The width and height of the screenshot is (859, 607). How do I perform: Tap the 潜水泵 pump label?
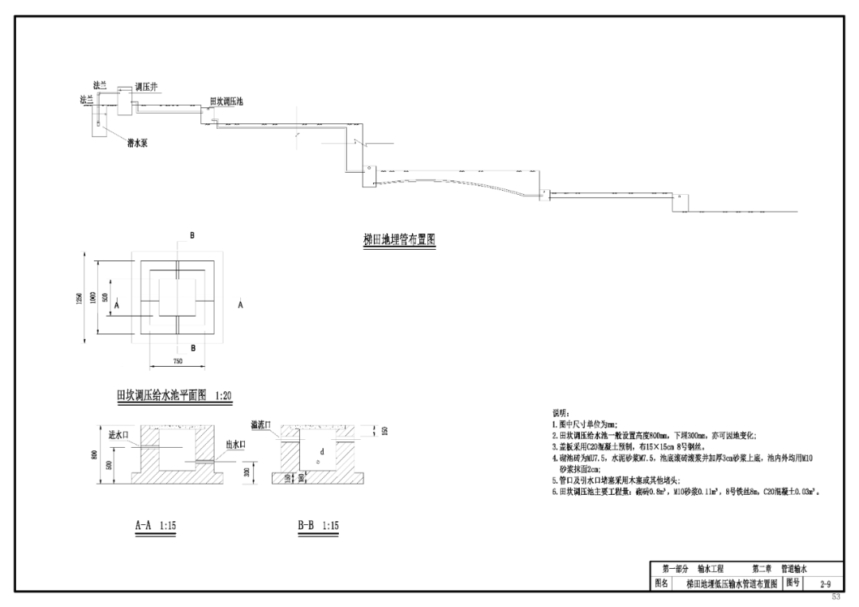[140, 144]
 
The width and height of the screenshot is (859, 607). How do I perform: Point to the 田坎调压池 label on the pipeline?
[226, 102]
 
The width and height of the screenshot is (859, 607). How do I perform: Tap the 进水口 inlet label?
[118, 435]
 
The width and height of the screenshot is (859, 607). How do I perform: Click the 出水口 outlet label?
[236, 445]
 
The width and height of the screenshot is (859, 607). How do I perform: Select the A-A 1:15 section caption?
[155, 526]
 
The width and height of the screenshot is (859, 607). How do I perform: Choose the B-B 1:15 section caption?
[318, 526]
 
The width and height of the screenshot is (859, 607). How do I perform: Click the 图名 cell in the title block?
[661, 584]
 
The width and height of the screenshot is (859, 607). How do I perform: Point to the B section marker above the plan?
[191, 236]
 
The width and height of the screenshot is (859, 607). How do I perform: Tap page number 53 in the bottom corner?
[835, 596]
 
